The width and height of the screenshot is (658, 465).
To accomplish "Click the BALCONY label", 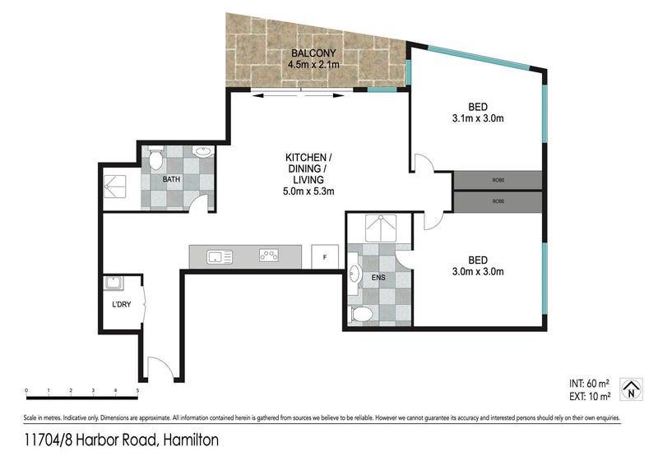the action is coord(313,53).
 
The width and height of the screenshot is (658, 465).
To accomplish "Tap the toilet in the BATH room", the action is coord(155,157).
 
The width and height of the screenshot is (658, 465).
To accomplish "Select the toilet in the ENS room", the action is coord(362,315).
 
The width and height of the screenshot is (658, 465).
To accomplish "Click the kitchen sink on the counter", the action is coord(220,256).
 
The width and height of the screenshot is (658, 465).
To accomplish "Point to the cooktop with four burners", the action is coord(269,255).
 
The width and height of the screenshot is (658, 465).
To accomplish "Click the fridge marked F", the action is coord(325,257).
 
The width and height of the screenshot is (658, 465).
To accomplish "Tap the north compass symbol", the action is coord(631,389).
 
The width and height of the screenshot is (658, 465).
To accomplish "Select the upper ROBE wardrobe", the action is coord(498,180).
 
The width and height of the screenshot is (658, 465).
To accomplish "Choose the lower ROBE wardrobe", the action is coord(498,201).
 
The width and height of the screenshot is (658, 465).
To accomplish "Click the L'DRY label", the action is coord(121,305).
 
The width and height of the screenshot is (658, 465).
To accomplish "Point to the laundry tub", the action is coord(114,283).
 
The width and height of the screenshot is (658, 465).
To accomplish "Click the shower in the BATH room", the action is coord(115,186).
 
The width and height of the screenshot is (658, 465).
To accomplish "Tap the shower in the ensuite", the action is coord(380,228).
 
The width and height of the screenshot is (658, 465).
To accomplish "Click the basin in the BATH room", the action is coord(203,151).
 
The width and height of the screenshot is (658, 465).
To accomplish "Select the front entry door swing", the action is coord(160,368).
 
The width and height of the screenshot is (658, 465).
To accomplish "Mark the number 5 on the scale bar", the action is coord(137,390).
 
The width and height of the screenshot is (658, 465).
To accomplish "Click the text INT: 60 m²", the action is coord(589,383).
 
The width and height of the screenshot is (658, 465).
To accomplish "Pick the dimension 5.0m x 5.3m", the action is coord(308,191).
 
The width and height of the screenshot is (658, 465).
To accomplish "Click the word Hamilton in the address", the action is coord(191,440).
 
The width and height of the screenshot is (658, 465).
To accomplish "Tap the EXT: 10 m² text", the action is coord(590,396).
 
